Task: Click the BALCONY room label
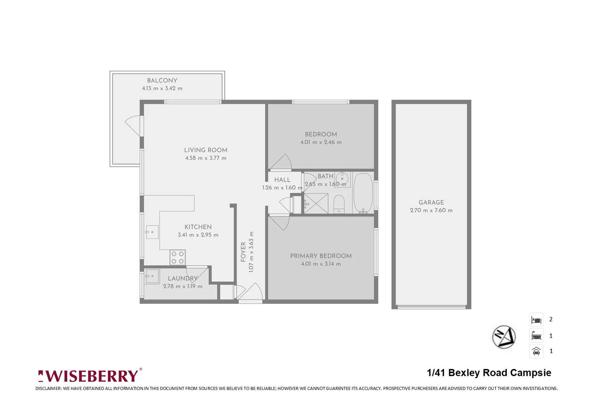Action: pos(162,80)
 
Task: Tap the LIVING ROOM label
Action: pos(206,150)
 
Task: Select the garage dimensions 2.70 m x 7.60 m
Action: pos(431,210)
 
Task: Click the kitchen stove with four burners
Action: pos(178,258)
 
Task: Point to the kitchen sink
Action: pos(152,232)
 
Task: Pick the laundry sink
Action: pos(151,277)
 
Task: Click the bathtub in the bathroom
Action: pos(363,193)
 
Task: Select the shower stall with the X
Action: pos(316,203)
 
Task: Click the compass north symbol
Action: pos(504,337)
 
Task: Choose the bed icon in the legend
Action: pos(536,320)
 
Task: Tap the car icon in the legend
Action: pos(536,351)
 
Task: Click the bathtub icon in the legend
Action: pos(536,336)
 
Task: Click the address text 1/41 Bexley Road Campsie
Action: pos(489,373)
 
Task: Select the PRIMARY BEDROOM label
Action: pos(321,256)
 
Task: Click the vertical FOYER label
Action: pos(243,252)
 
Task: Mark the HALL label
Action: pos(282,180)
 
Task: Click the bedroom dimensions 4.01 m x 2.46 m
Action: pos(321,142)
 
